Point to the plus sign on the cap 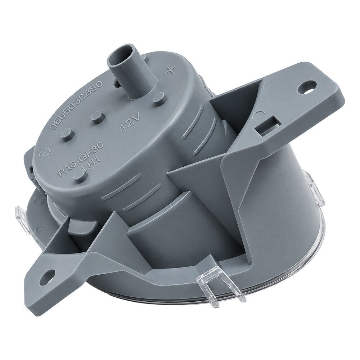point(170,69)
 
